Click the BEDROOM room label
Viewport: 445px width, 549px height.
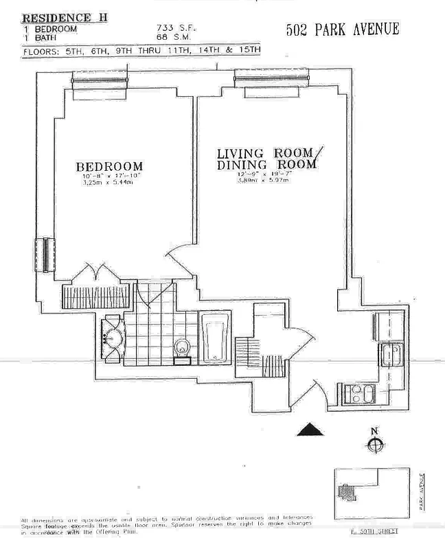[x=109, y=167]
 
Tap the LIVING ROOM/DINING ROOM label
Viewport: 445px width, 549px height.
[x=266, y=159]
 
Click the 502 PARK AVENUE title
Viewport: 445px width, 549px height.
[x=341, y=30]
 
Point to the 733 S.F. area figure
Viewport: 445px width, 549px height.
[x=172, y=28]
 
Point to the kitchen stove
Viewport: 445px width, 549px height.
[x=360, y=394]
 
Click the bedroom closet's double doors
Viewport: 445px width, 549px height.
[x=98, y=273]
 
